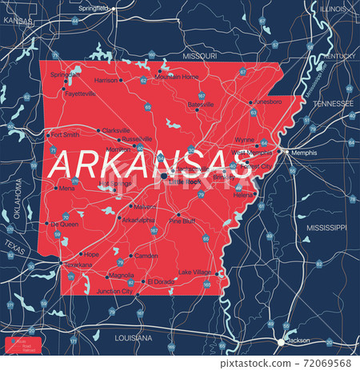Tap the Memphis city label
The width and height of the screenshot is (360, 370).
click(304, 152)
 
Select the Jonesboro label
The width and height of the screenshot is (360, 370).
click(267, 102)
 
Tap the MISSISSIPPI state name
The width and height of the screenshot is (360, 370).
click(326, 228)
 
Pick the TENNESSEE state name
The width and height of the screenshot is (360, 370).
click(332, 104)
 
